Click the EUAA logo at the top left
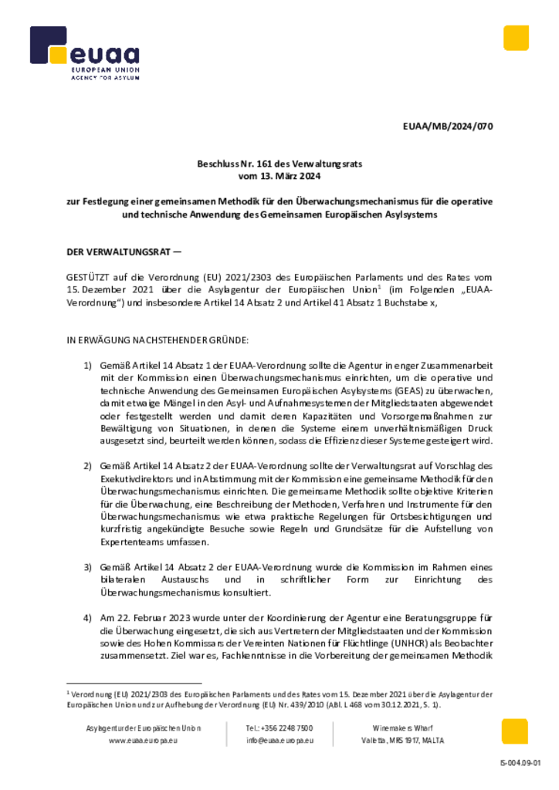[x=84, y=55]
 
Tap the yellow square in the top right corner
[x=516, y=38]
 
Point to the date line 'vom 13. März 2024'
[x=279, y=177]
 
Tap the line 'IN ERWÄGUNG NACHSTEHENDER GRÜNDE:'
[x=158, y=339]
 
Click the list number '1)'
[x=87, y=364]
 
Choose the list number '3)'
[x=87, y=567]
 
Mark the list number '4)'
[x=87, y=619]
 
